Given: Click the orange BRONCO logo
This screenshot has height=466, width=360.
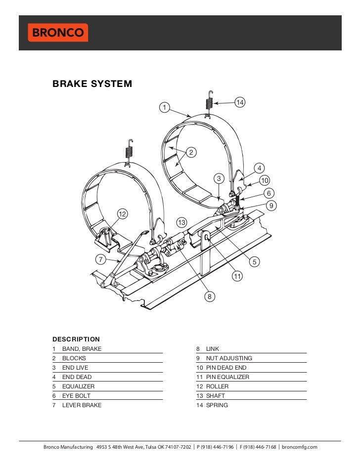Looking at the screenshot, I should point(57,33).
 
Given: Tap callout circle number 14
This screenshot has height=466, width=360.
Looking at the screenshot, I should point(240,102).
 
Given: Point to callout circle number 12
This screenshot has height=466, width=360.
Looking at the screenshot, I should point(122,213).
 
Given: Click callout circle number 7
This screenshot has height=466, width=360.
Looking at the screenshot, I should point(101,259).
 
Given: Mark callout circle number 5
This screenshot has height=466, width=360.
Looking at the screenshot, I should point(255,261).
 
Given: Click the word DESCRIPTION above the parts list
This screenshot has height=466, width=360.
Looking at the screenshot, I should point(76,339).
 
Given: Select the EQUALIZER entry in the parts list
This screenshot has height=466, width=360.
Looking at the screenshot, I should point(78,386).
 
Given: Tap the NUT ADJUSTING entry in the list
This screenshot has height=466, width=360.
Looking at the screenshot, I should point(229,358).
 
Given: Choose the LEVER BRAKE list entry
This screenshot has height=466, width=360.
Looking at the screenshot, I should point(82,405).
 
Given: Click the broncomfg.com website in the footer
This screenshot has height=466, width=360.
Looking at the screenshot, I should point(299,447).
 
